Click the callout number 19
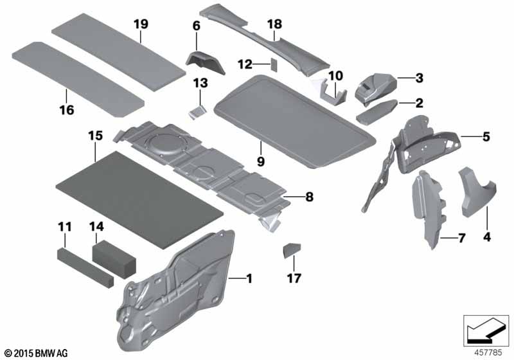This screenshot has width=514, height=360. (x=141, y=24)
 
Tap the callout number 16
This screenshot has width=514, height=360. (x=67, y=110)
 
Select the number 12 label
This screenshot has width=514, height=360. (x=245, y=64)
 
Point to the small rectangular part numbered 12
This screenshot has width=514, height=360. (x=274, y=65)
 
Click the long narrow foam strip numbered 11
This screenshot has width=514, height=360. (x=85, y=267)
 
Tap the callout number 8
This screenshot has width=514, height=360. (x=309, y=197)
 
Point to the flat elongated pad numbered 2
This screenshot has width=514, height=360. (x=377, y=112)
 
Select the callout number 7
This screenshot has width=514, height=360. (x=461, y=239)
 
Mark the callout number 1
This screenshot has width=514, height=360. (x=249, y=279)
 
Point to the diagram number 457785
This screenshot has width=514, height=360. (x=488, y=352)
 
